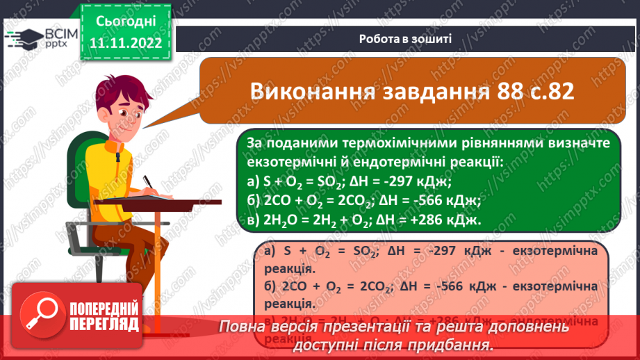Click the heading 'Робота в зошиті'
pos(406,39)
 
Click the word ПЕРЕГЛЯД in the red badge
pos(104,323)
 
